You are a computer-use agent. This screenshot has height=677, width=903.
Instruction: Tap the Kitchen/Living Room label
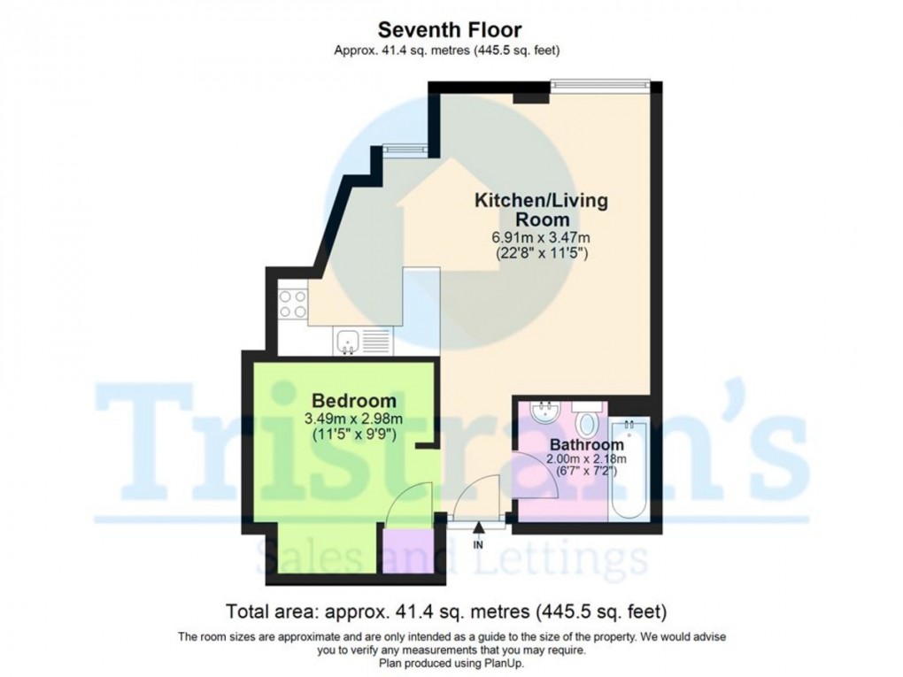542,210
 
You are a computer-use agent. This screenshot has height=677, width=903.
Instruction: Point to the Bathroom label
587,443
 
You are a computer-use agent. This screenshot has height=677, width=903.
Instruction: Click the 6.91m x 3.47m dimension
542,237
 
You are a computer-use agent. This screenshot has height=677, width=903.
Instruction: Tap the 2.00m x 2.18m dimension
588,458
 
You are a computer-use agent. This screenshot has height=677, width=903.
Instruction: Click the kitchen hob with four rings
293,304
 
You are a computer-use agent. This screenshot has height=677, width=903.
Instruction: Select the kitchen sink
348,339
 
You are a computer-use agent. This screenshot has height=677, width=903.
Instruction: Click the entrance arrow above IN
479,529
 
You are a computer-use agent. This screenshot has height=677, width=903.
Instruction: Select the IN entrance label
479,544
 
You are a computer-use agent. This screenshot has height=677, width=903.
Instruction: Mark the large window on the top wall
600,85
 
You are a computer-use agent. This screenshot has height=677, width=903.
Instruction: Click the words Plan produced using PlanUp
451,663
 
